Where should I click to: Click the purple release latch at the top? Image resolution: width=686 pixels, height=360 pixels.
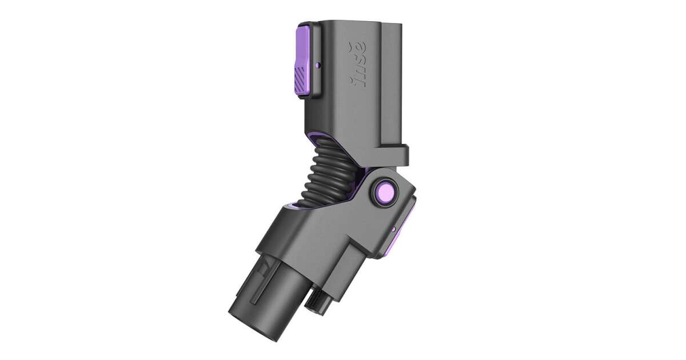(305, 61)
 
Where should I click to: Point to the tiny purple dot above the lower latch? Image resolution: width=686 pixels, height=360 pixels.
(393, 229)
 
